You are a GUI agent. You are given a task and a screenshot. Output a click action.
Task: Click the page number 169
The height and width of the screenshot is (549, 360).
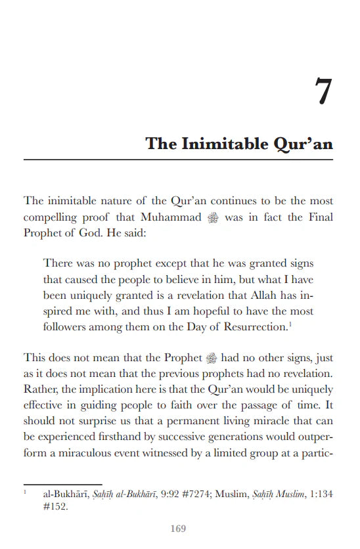(178, 529)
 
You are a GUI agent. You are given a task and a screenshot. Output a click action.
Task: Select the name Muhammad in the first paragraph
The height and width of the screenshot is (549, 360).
(169, 217)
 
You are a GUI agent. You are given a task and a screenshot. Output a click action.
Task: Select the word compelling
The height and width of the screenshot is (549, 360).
(51, 217)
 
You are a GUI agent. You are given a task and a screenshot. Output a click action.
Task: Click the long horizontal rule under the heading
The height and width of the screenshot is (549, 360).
(178, 160)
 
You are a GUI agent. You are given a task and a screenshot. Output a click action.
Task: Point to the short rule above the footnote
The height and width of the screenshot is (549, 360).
(62, 484)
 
